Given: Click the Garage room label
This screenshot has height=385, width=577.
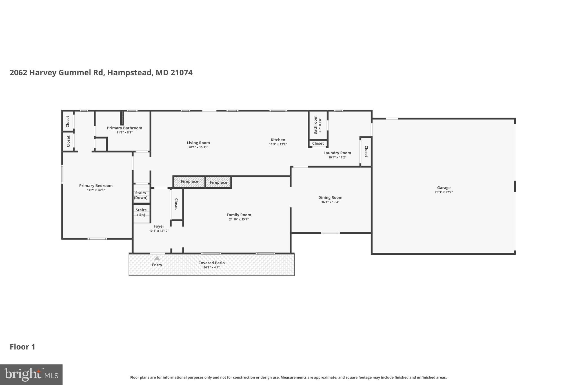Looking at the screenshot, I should [443, 188].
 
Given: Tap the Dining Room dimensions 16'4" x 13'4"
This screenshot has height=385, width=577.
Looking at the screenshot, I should [330, 202].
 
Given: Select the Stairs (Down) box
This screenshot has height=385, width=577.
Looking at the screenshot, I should [141, 195].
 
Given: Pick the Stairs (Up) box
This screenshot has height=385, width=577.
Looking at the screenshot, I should [141, 212].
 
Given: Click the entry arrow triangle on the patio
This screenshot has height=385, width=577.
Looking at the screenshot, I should [157, 258].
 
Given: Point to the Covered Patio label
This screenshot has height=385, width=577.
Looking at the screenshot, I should [211, 263].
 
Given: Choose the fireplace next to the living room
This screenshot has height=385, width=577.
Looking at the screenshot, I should [189, 182].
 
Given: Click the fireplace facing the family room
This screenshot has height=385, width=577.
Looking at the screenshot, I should [218, 182].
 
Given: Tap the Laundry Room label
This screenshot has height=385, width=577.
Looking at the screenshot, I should [337, 153].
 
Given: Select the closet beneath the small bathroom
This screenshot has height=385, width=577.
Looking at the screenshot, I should [318, 144].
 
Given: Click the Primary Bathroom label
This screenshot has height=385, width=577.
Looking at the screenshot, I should [124, 128].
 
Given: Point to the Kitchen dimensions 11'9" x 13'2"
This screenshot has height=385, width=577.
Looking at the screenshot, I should [278, 144].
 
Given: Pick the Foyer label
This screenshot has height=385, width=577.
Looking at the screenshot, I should [159, 226].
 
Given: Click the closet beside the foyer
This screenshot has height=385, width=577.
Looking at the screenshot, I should [176, 204].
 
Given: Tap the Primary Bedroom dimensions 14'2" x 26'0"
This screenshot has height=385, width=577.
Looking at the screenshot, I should [96, 190].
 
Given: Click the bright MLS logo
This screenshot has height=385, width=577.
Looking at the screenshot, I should [31, 375].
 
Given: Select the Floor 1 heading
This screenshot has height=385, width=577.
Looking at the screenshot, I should [23, 347].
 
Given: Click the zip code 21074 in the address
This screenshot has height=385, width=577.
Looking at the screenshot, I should [181, 72].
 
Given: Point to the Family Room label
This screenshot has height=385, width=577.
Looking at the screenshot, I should [239, 215].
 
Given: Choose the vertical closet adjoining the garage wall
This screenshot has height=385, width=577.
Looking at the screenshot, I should [366, 151].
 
